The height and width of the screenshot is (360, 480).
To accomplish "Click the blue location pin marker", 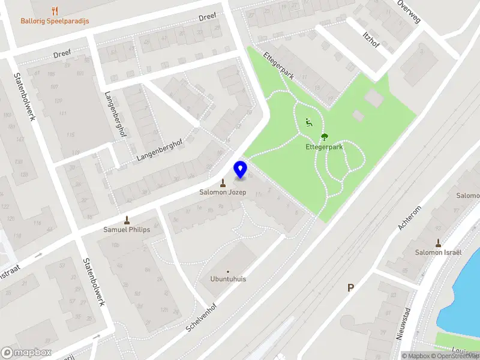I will coord(240,169).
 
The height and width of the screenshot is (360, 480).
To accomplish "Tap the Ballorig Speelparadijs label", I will coord(55,21).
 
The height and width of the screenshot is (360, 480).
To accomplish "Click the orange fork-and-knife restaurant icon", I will coord(55,10).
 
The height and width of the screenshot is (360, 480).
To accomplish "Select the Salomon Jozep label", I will coord(223,193).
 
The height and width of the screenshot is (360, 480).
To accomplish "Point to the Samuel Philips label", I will coord(127,229).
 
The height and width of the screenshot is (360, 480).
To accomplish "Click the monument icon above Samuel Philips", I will coord(127,220).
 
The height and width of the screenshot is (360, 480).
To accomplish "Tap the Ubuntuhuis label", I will coord(228,279).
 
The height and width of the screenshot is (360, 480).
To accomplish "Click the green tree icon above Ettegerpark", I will coord(325,136).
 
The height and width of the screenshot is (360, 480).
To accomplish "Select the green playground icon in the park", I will coord(309,123).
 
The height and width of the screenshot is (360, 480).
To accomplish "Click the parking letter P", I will coord(350,288).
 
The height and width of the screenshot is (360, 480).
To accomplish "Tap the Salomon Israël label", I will coord(438,253).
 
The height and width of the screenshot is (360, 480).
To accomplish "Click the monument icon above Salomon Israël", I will coord(438,243).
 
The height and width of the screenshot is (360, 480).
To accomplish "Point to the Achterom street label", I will coord(410,218).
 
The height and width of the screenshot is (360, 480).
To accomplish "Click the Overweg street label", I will coord(409,11).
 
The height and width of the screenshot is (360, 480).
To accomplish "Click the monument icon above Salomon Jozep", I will coord(223,183).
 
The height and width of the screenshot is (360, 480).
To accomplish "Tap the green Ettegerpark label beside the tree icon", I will coord(325,146).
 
